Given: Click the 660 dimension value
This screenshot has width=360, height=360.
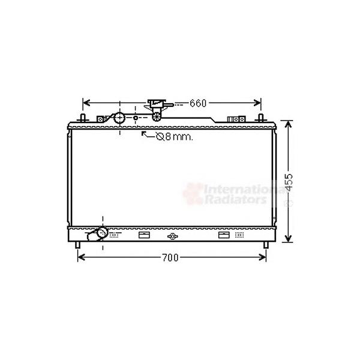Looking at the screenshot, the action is point(198,103).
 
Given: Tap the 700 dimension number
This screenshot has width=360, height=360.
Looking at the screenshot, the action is point(170,257).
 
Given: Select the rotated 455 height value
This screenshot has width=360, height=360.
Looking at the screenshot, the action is point(289,182).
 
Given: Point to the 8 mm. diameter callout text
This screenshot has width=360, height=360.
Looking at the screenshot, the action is point(175,137).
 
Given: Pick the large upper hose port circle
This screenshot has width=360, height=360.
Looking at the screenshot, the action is point(119,118).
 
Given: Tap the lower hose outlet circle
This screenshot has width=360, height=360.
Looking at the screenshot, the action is point(102,232).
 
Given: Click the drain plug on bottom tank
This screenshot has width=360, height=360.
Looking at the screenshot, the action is point(173,236).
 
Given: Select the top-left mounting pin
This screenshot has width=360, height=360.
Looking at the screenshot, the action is point(83,118).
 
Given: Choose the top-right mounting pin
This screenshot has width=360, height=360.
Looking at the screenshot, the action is point(260,118).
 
